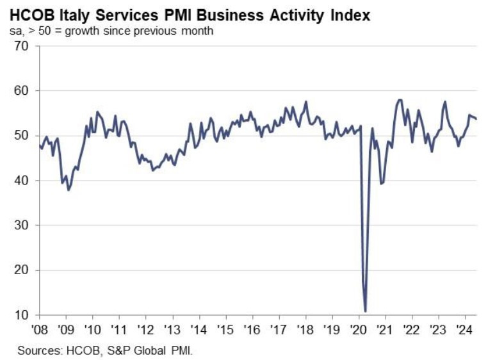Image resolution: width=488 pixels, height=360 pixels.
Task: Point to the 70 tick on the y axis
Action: pos(22,45)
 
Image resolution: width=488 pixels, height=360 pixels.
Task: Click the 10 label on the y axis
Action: pos(22,315)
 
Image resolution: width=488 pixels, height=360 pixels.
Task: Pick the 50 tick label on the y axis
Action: pos(22,136)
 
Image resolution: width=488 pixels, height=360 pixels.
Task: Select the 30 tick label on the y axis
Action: pos(22,225)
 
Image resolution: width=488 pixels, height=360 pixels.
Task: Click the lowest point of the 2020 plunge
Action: pos(365,311)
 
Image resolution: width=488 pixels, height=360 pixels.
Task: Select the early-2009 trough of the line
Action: pos(69,190)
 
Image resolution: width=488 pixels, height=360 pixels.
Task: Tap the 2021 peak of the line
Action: pos(400,99)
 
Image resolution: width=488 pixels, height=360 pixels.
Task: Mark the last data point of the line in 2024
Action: pos(476,119)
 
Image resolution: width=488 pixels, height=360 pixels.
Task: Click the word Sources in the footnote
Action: pos(37,350)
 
